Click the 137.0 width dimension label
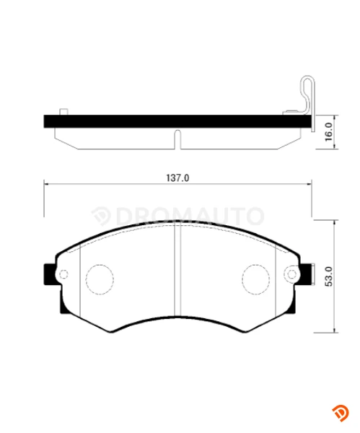pos(177,178)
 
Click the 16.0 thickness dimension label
pos(329,132)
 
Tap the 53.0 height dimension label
pos(329,276)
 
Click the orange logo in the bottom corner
pos(341,413)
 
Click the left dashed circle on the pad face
pos(100,279)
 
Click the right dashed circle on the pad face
pos(256,279)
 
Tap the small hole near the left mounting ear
pos(64,274)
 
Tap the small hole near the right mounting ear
pos(291,274)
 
